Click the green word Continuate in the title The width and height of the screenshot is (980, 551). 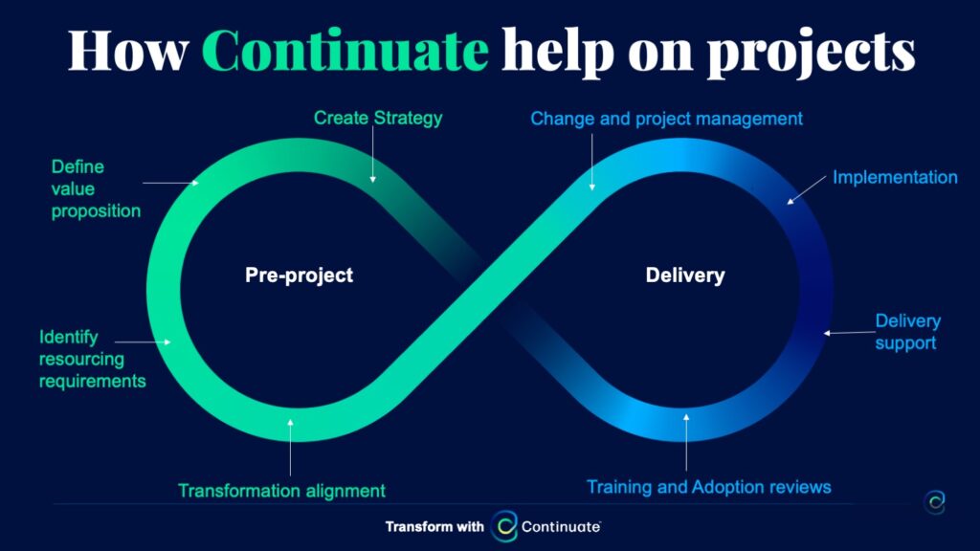coord(345,50)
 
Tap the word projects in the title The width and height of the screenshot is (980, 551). coord(812,54)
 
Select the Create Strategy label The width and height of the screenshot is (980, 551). coord(378,118)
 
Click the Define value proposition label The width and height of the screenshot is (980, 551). coord(96,188)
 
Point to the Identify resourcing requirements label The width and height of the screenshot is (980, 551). coord(93,360)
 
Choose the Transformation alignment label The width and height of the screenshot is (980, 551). coord(282,491)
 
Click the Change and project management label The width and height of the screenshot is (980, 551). coord(666,119)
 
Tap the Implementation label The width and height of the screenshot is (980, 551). coord(895,177)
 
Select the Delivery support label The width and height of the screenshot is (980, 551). coord(907,332)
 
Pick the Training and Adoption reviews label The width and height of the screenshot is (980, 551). coord(709,487)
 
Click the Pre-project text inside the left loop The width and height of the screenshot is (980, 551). coord(299,275)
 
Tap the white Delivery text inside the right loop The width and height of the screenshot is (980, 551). coord(685,275)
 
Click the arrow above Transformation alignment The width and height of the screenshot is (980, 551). coord(290,448)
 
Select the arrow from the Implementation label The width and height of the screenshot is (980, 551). coord(806,190)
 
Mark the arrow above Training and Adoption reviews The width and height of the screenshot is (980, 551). coord(686,442)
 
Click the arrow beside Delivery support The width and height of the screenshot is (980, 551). coord(849,333)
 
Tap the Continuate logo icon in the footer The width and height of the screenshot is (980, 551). coord(504,526)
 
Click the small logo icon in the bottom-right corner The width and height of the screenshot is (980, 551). coord(935,501)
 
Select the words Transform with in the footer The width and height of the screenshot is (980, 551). coord(434,527)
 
